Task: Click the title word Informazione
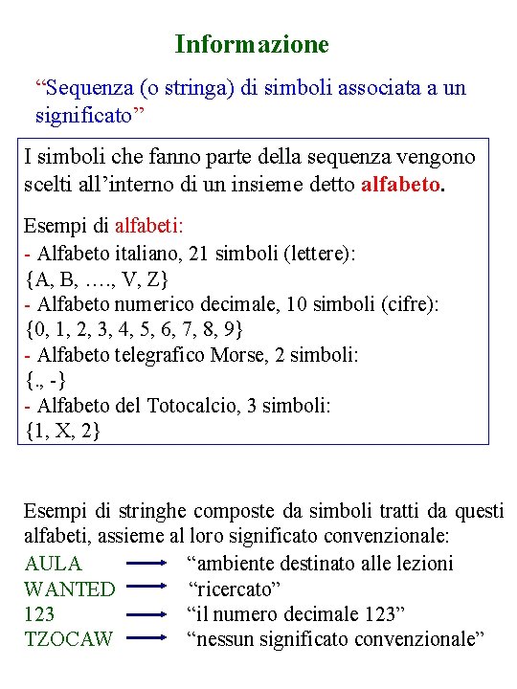click(252, 44)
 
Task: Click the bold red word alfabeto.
click(402, 182)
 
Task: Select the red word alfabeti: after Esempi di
click(149, 227)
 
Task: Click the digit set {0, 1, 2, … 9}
click(134, 329)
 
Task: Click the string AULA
click(53, 564)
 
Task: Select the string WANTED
click(69, 589)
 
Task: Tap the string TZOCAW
click(68, 638)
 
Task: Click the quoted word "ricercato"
click(233, 589)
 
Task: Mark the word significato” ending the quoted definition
click(90, 115)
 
